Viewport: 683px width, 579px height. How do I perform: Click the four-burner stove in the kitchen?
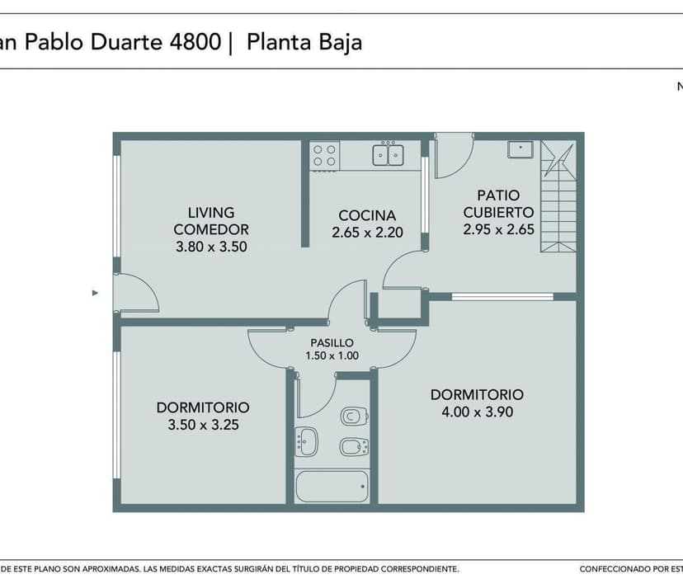click(x=324, y=156)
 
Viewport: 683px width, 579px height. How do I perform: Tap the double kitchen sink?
click(x=388, y=155)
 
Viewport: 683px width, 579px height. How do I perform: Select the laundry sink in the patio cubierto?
click(x=520, y=149)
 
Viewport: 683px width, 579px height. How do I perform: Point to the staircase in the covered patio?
click(x=558, y=196)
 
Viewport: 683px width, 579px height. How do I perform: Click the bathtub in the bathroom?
click(x=332, y=486)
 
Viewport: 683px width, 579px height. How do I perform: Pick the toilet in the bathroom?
click(x=354, y=416)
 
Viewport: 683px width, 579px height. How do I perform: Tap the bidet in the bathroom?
click(x=354, y=446)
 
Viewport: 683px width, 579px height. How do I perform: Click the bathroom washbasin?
click(x=306, y=442)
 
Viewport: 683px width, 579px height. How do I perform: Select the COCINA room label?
click(x=367, y=215)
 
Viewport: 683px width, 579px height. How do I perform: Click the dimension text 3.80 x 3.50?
click(x=211, y=247)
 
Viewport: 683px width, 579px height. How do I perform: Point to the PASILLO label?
click(x=332, y=343)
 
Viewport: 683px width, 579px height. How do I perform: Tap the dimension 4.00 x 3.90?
click(x=478, y=412)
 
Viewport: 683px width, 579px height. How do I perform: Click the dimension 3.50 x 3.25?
click(x=204, y=425)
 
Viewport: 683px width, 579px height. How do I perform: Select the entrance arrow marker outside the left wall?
click(x=95, y=293)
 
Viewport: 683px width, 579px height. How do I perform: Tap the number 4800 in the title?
click(x=195, y=42)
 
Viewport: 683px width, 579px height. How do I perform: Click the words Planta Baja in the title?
click(x=304, y=43)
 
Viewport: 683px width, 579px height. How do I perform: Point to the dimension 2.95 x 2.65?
click(x=499, y=229)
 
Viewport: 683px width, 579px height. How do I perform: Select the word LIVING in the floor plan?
click(x=211, y=213)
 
